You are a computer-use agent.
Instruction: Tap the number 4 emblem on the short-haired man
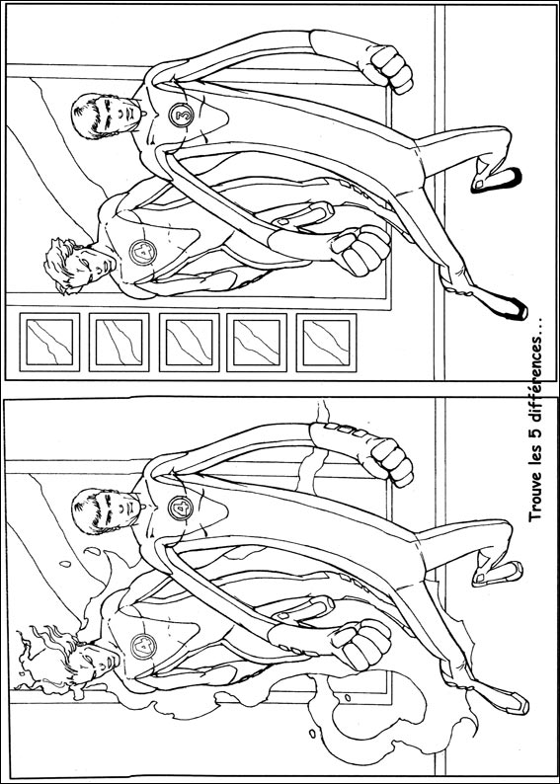tap(180, 508)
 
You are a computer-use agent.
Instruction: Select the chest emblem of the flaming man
tap(143, 646)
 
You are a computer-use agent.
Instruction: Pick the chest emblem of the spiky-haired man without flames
tap(143, 253)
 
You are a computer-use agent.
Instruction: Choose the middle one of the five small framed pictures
tap(190, 343)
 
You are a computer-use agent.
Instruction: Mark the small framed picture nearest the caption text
tap(327, 343)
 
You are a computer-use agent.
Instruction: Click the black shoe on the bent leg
tap(496, 181)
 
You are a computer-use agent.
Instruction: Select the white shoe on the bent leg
tap(497, 573)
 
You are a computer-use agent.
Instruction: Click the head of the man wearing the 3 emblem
tap(105, 116)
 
